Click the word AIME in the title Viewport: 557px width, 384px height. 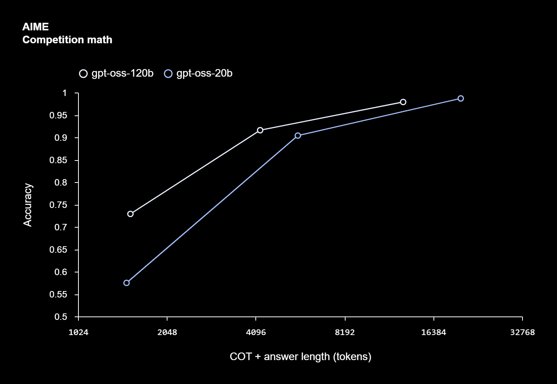click(x=36, y=27)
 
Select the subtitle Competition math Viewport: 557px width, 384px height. click(x=67, y=40)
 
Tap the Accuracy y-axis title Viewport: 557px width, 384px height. click(x=28, y=205)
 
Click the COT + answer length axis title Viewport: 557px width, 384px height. click(x=300, y=357)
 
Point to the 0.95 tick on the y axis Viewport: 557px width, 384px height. click(x=58, y=115)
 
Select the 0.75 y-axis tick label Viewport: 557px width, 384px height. click(x=58, y=205)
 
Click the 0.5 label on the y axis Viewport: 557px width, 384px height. click(x=61, y=317)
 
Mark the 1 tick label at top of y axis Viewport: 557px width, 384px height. click(x=64, y=93)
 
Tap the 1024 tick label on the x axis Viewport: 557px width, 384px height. click(x=78, y=332)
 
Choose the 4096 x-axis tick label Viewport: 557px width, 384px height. click(x=256, y=332)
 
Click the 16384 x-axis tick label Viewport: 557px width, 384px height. click(x=433, y=332)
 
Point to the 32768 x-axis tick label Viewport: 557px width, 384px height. click(x=522, y=332)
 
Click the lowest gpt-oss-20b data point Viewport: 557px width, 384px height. click(x=127, y=283)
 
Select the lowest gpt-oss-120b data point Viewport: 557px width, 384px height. click(x=130, y=214)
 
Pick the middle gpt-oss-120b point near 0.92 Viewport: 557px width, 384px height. click(x=260, y=130)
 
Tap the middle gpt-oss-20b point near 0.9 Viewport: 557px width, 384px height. click(x=298, y=135)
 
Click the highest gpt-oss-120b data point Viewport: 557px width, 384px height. click(x=403, y=102)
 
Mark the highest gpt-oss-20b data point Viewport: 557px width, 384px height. click(x=461, y=99)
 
